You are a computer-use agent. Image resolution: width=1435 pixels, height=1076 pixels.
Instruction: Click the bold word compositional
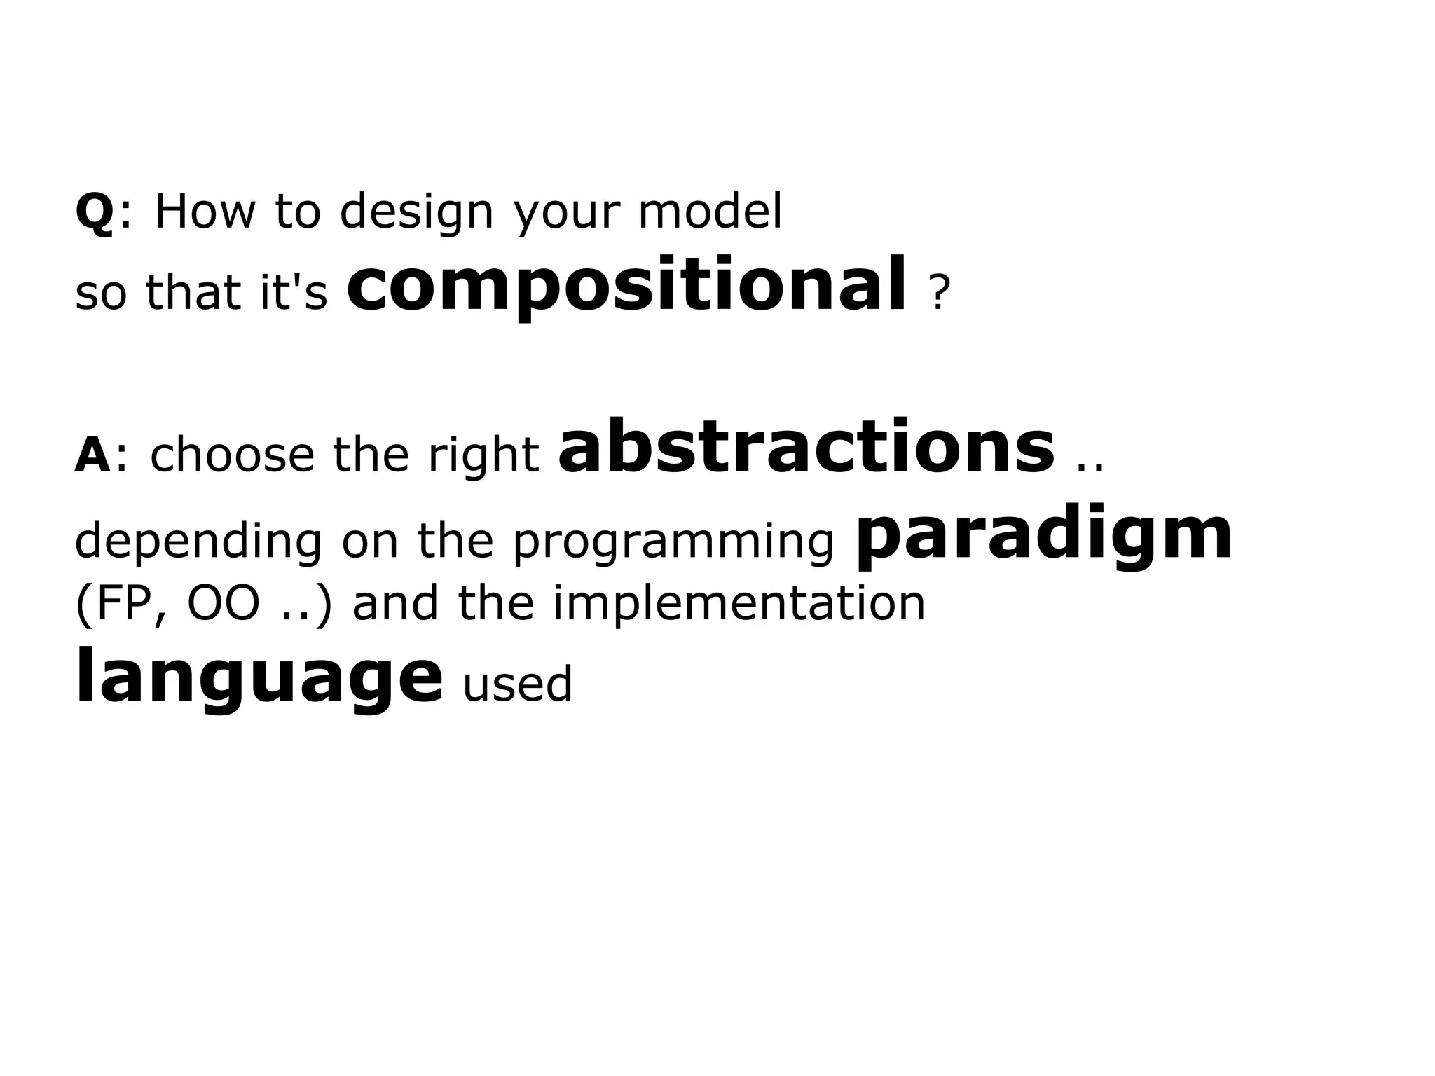point(626,286)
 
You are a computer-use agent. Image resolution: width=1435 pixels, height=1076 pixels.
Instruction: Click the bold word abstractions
point(806,446)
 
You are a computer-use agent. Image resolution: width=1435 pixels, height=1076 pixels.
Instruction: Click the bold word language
point(259,677)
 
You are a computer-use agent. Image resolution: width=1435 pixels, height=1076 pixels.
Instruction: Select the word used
point(517,684)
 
